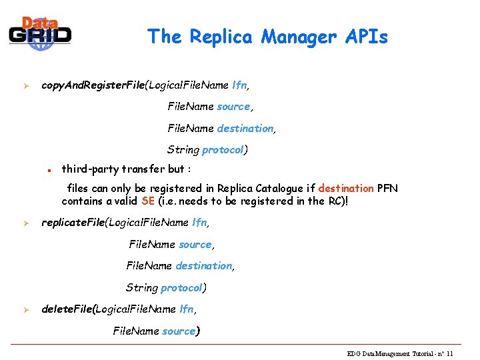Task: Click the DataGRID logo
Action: pyautogui.click(x=40, y=32)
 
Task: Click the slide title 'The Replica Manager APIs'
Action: pyautogui.click(x=267, y=36)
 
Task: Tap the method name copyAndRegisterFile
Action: pyautogui.click(x=94, y=85)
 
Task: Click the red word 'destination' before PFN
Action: pyautogui.click(x=346, y=189)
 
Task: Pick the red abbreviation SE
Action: pyautogui.click(x=149, y=201)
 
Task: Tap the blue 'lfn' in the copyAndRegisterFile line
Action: pyautogui.click(x=239, y=85)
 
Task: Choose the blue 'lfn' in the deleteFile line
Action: pyautogui.click(x=187, y=309)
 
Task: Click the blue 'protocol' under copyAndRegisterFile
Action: pyautogui.click(x=223, y=150)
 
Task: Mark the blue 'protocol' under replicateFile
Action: pyautogui.click(x=181, y=288)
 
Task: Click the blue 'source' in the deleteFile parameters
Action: pyautogui.click(x=179, y=331)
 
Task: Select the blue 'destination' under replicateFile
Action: pyautogui.click(x=203, y=266)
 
